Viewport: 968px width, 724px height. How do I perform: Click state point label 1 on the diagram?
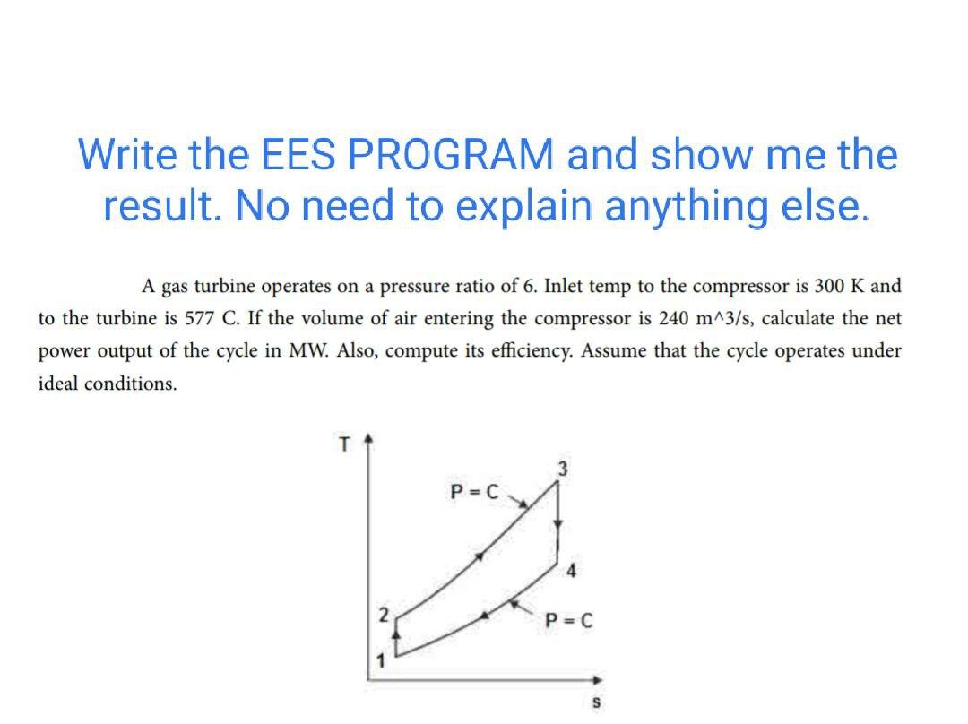pos(380,662)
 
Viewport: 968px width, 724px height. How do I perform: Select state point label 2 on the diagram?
pos(384,616)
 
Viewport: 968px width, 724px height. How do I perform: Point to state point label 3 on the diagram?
pos(562,467)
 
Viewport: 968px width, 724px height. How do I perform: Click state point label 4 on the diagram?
pos(571,571)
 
